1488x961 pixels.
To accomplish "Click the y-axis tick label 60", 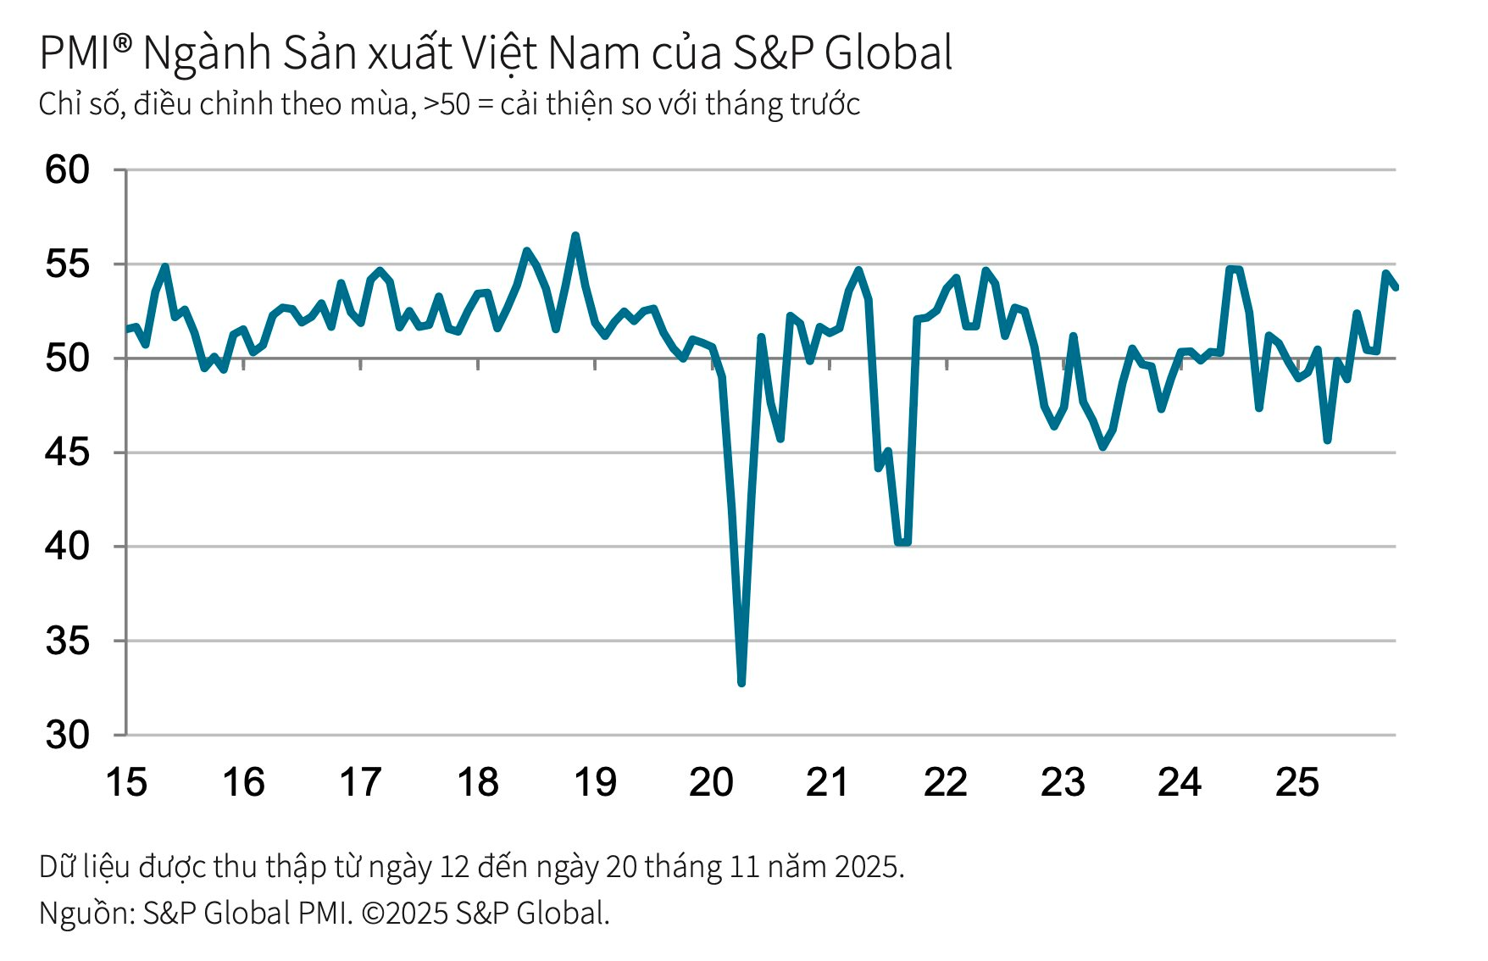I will click(67, 170).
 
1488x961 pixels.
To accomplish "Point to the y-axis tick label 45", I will click(67, 453).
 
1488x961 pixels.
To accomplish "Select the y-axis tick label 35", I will click(67, 641).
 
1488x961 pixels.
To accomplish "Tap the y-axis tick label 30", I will click(67, 735).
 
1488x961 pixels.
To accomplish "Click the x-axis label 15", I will click(126, 782).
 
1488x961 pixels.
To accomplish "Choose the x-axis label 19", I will click(595, 782).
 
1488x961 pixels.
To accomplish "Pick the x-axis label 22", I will click(946, 782).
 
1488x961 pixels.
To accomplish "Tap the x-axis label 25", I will click(1296, 782).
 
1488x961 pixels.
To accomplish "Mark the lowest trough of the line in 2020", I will click(741, 682).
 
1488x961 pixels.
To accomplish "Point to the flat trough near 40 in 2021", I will click(903, 542).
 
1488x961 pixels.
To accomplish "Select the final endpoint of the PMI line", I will click(1396, 288).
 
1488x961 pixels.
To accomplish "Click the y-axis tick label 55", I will click(67, 264).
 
